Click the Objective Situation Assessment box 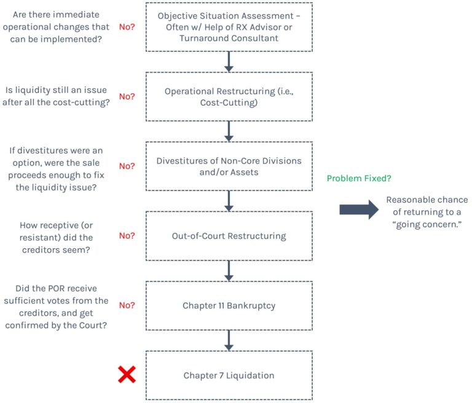pos(229,26)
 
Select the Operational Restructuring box pos(229,96)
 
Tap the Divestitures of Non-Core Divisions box pos(229,166)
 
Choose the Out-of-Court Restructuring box pos(229,235)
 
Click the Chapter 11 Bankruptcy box pos(229,305)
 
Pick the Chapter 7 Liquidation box pos(229,375)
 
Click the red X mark pos(127,374)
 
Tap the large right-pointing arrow pos(359,209)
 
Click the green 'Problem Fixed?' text pos(360,178)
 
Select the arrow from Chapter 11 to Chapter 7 pos(229,340)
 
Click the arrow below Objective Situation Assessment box pos(229,61)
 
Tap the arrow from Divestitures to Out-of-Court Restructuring pos(229,200)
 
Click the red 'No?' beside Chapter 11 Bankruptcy pos(127,305)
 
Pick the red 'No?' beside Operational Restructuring pos(127,96)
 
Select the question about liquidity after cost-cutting pos(56,96)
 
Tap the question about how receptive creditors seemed pos(56,235)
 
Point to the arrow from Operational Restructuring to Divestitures pos(229,130)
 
